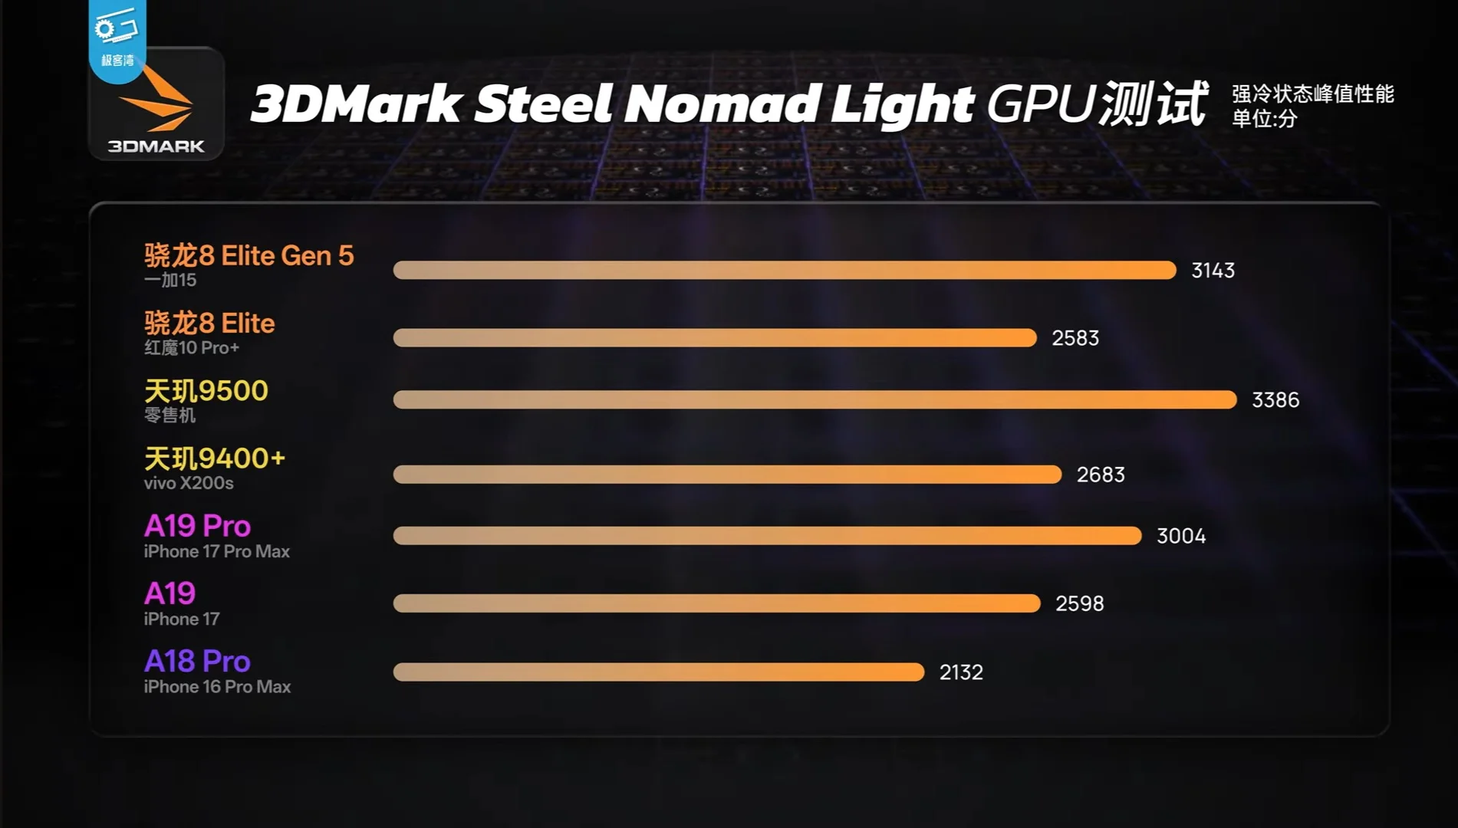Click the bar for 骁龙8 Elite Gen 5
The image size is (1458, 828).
pos(784,270)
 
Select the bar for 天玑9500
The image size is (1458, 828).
pos(815,399)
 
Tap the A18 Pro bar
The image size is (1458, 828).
pos(658,672)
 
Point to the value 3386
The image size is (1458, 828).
pos(1275,400)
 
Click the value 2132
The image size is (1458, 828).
pos(960,672)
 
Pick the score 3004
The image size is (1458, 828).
pos(1180,536)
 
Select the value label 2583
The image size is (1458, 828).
pos(1075,338)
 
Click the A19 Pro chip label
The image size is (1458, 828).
pos(197,526)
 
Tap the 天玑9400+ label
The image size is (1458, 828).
pos(214,458)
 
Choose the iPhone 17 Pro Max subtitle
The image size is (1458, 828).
pos(216,551)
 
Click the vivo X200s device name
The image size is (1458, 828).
pos(188,483)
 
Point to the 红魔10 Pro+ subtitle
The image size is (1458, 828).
pos(191,348)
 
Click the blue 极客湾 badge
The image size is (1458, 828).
pos(117,38)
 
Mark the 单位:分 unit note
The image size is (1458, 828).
pos(1264,119)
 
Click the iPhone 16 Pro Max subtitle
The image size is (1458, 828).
pos(216,687)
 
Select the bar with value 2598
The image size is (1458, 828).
pos(716,604)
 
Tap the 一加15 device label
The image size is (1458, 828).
pos(169,281)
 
